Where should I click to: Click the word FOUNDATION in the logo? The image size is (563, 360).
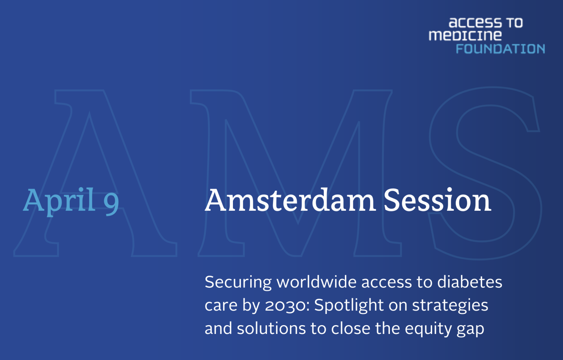click(500, 49)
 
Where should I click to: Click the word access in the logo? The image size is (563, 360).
click(475, 23)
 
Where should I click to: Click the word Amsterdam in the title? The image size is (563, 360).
click(290, 200)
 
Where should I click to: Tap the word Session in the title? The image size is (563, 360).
click(437, 200)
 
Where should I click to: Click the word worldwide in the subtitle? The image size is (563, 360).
click(316, 282)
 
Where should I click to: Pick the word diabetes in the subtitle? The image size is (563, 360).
click(470, 282)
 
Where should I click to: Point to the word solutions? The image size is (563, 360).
click(271, 328)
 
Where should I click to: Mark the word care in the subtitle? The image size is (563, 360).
click(221, 306)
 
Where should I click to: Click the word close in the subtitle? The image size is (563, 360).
click(351, 328)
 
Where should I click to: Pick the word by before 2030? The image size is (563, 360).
click(251, 305)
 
